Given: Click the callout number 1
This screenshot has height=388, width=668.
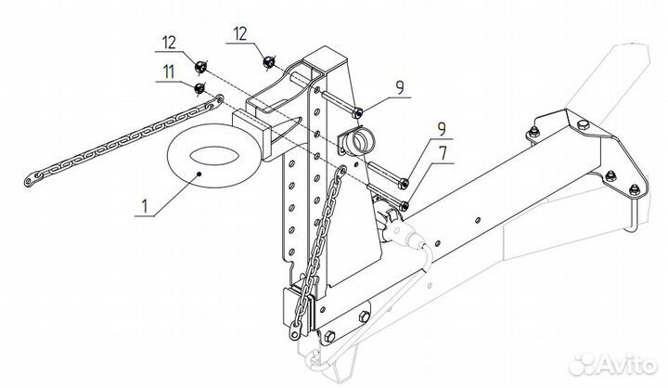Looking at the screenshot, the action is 145,206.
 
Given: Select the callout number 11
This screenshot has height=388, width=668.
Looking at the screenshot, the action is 169,71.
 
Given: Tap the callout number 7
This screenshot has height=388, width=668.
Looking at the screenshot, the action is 443,153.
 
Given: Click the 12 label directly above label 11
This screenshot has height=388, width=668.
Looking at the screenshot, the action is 169,43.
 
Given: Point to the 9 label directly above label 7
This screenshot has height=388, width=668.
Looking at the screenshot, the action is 443,129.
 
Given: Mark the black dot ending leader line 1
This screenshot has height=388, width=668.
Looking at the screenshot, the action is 199,174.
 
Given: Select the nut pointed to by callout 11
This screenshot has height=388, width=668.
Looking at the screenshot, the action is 199,89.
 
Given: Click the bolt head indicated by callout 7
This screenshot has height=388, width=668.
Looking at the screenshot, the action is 405,206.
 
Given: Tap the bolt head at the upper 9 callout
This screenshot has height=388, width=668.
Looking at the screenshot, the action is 358,112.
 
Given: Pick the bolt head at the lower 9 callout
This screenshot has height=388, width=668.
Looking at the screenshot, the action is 404,184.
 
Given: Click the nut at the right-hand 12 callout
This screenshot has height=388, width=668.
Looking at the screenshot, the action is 268,62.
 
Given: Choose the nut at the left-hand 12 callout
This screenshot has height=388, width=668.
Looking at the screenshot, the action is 199,67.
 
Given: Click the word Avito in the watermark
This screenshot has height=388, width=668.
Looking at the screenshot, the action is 626,366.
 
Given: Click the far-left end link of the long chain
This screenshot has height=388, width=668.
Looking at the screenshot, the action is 29,181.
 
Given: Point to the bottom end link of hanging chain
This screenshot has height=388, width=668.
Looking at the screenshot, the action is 294,331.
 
